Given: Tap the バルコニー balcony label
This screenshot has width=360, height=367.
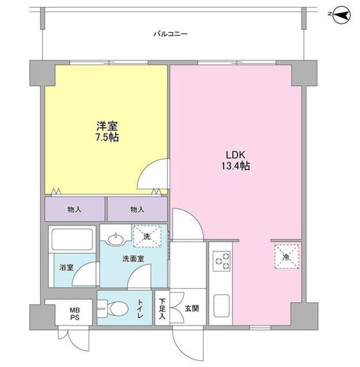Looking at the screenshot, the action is pos(170,34).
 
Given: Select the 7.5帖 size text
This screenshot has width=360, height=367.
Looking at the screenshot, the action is pos(107,138).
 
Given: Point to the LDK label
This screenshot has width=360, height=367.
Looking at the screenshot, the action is pos(235,155).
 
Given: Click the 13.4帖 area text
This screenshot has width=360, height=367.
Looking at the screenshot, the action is pos(236,166).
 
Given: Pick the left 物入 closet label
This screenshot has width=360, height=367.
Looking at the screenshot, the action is pos(75,209).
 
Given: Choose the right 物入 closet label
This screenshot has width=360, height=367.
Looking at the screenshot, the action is pos(137,209).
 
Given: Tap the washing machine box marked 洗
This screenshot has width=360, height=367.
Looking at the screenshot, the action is pos(147,236).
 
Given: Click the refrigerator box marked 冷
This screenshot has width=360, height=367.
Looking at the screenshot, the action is pos(287,257).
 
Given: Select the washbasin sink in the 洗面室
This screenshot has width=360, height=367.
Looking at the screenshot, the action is pos(116,240).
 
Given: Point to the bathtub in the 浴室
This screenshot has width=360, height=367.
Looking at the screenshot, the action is pos(72,239).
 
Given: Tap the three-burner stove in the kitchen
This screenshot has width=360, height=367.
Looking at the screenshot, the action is pos(221,261).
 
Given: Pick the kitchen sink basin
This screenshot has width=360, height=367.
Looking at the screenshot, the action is pos(221,305).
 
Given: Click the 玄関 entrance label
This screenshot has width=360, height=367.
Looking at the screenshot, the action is pos(192,309).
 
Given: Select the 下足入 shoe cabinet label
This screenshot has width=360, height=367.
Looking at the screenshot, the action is pos(162,309).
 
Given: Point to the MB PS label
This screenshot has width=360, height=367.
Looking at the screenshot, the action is pos(75,314).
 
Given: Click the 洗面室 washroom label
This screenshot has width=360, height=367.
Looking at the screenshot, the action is pos(134,259).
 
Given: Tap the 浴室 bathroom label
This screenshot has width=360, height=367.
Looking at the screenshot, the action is pos(66,267).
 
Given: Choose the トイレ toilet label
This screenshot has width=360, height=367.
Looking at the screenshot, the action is pos(140,309).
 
